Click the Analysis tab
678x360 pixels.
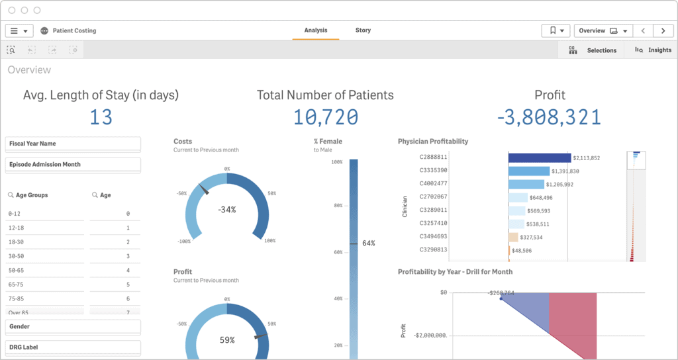coord(316,30)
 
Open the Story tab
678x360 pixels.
coord(363,30)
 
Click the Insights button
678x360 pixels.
coord(653,50)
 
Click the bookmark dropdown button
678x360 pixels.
coord(556,31)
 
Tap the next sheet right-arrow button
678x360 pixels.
coord(663,31)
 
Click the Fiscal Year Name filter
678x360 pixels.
coord(73,144)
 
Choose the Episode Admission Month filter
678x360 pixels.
coord(73,165)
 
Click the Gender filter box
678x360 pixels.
coord(73,327)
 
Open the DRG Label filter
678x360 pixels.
coord(73,347)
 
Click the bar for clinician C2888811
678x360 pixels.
coord(539,157)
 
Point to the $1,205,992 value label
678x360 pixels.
coord(560,184)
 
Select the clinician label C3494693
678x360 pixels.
coord(433,236)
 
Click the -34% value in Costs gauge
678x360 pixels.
coord(227,210)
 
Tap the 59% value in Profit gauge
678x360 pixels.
coord(227,340)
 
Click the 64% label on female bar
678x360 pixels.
coord(369,244)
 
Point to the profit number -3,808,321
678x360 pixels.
coord(549,118)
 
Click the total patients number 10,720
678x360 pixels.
coord(325,118)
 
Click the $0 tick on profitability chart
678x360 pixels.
coord(443,292)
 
